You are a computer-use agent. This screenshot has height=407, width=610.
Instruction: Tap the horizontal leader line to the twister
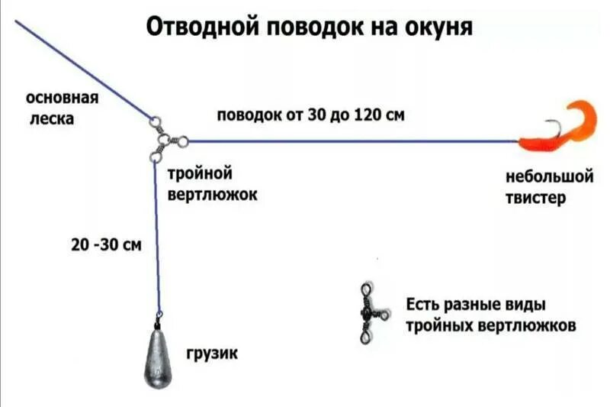351,141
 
